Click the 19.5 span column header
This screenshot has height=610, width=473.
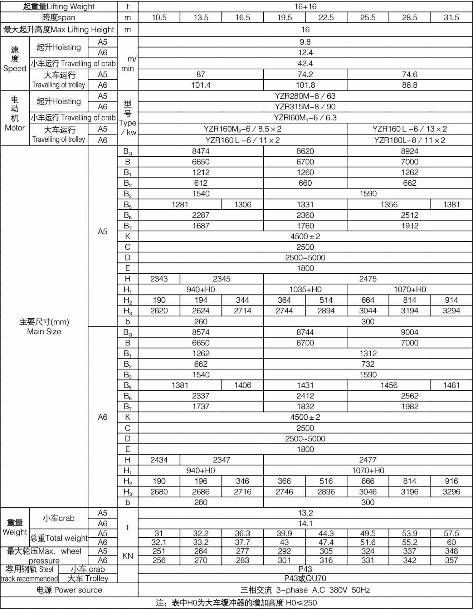pos(284,18)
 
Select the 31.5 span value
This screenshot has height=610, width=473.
pos(451,18)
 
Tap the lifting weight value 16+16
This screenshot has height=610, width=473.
pos(305,6)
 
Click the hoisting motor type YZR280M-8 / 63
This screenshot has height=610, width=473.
pos(305,96)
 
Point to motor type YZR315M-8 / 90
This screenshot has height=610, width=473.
pos(305,107)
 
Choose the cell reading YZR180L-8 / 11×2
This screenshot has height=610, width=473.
pos(410,140)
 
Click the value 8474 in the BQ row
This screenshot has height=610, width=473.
pos(201,151)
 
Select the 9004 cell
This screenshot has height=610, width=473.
pos(410,332)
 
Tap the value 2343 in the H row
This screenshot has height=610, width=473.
pos(159,279)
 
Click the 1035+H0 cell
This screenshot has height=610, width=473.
pos(305,290)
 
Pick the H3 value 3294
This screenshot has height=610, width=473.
pos(451,311)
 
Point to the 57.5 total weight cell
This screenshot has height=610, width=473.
pos(451,533)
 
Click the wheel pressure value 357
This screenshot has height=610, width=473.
pos(451,560)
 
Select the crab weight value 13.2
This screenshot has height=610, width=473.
pos(305,513)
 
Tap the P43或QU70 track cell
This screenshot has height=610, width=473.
pos(305,578)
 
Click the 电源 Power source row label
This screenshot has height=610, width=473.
pos(69,590)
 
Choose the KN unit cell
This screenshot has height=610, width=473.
pos(127,556)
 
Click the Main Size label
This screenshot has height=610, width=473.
pos(44,332)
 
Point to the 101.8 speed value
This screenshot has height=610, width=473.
pos(305,85)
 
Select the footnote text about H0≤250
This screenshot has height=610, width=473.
pos(236,603)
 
